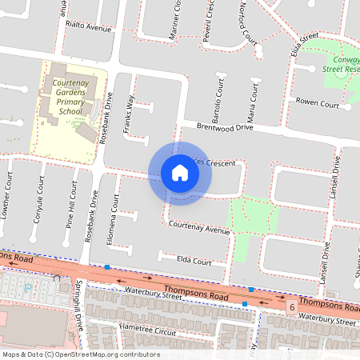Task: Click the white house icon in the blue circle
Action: [180, 173]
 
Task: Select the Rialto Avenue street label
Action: [88, 26]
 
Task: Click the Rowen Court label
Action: [318, 104]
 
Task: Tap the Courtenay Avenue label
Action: [198, 228]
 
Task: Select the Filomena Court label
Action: [114, 221]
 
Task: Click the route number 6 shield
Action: [293, 307]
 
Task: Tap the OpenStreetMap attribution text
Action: [80, 354]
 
